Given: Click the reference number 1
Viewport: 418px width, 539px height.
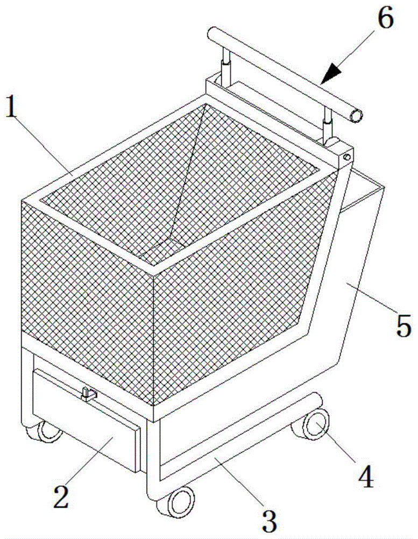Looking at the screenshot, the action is pos(12,106).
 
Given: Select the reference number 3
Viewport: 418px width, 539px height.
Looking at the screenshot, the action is pos(270,520).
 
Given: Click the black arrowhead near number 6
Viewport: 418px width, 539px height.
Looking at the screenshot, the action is pos(331,73).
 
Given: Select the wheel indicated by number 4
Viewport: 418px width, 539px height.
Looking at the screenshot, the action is pos(313,425).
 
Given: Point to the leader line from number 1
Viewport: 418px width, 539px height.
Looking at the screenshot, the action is pos(45,146).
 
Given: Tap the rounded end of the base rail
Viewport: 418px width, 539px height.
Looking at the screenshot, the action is pos(317,400).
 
